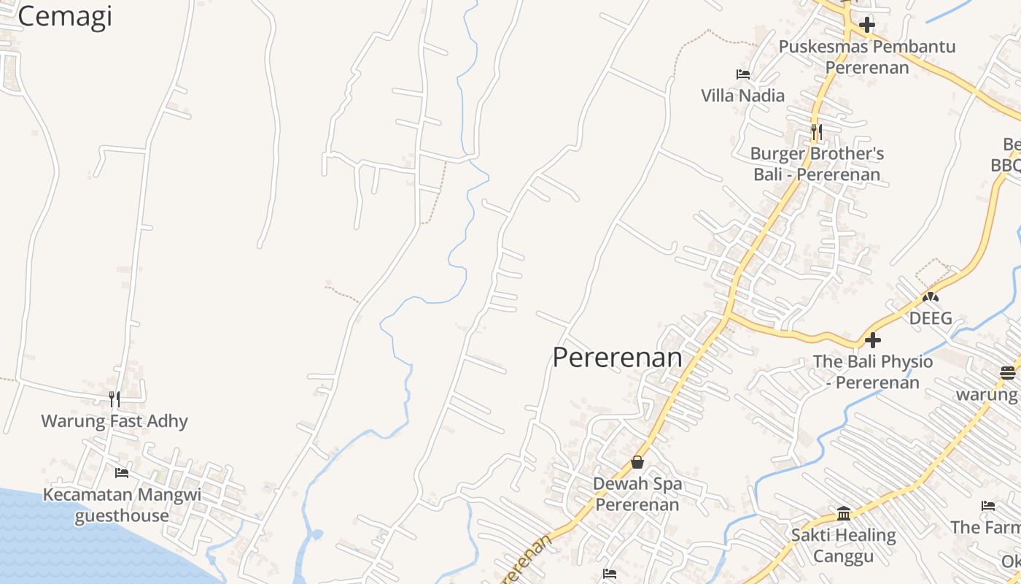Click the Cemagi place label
tap(64, 16)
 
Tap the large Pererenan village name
tap(617, 358)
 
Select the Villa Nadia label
tap(742, 96)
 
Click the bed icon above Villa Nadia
tap(742, 74)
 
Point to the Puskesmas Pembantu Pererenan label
tap(867, 57)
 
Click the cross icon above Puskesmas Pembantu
tap(866, 26)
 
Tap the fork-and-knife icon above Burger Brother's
tap(817, 132)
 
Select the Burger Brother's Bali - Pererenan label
tap(817, 164)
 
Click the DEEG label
tap(930, 318)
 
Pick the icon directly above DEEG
tap(930, 297)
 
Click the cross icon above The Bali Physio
tap(872, 340)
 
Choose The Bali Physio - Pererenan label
tap(873, 372)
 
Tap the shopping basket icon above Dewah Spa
tap(637, 462)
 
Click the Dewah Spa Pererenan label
tap(637, 494)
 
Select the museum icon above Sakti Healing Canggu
tap(844, 514)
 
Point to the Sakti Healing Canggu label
tap(844, 546)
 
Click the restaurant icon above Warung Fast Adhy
tap(114, 399)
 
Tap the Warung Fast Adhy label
tap(114, 421)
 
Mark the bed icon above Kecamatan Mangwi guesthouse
tap(122, 473)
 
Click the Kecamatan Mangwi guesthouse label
tap(122, 505)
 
